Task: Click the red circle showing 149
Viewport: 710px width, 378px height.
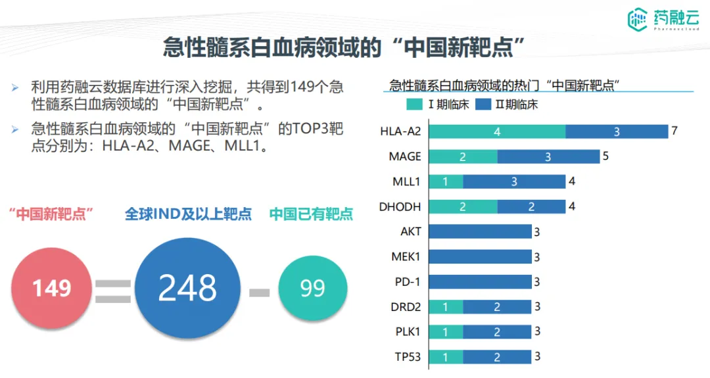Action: click(53, 287)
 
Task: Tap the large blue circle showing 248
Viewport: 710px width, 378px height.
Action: click(187, 287)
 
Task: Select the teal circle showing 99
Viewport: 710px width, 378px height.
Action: click(312, 287)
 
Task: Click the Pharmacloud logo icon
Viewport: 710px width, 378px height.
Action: click(637, 20)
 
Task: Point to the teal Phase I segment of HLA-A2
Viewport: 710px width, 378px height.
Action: click(497, 131)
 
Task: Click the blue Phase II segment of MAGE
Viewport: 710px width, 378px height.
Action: click(548, 156)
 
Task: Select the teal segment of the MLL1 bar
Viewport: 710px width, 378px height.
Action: click(446, 181)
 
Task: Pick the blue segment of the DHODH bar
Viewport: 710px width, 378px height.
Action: click(531, 206)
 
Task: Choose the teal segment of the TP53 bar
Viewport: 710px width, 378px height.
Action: click(446, 357)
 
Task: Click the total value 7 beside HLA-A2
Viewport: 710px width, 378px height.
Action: click(674, 131)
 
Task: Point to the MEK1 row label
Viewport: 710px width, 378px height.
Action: click(406, 256)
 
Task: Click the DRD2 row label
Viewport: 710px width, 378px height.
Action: click(406, 306)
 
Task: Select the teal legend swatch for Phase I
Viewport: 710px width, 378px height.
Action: click(415, 105)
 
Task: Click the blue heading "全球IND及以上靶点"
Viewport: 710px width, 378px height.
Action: click(188, 214)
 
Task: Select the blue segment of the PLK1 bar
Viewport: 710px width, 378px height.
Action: click(497, 332)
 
